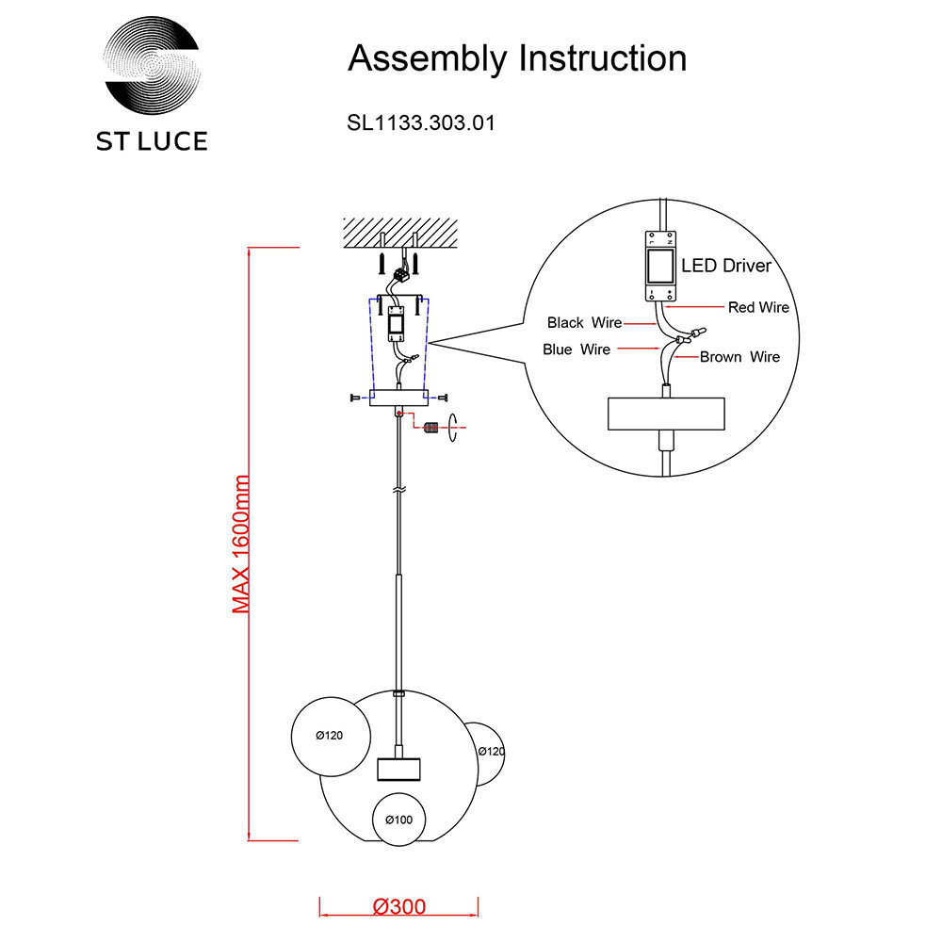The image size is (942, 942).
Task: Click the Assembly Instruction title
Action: [517, 58]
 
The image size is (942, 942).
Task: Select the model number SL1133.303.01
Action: [421, 122]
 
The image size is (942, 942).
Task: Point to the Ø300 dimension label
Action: [399, 907]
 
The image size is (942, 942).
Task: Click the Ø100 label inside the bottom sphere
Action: [398, 820]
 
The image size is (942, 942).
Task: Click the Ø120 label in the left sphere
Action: [329, 736]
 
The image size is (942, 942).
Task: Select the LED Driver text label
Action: [725, 266]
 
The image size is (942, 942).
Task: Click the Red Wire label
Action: [758, 307]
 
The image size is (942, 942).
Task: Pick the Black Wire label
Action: [584, 323]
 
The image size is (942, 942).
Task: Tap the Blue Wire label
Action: [577, 349]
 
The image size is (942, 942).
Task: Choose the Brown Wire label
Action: [739, 357]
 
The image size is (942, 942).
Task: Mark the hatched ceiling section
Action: [399, 229]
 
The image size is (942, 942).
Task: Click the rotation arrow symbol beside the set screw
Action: [453, 428]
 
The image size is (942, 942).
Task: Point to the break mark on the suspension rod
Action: [399, 492]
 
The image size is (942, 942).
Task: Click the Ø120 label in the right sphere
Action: [491, 752]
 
